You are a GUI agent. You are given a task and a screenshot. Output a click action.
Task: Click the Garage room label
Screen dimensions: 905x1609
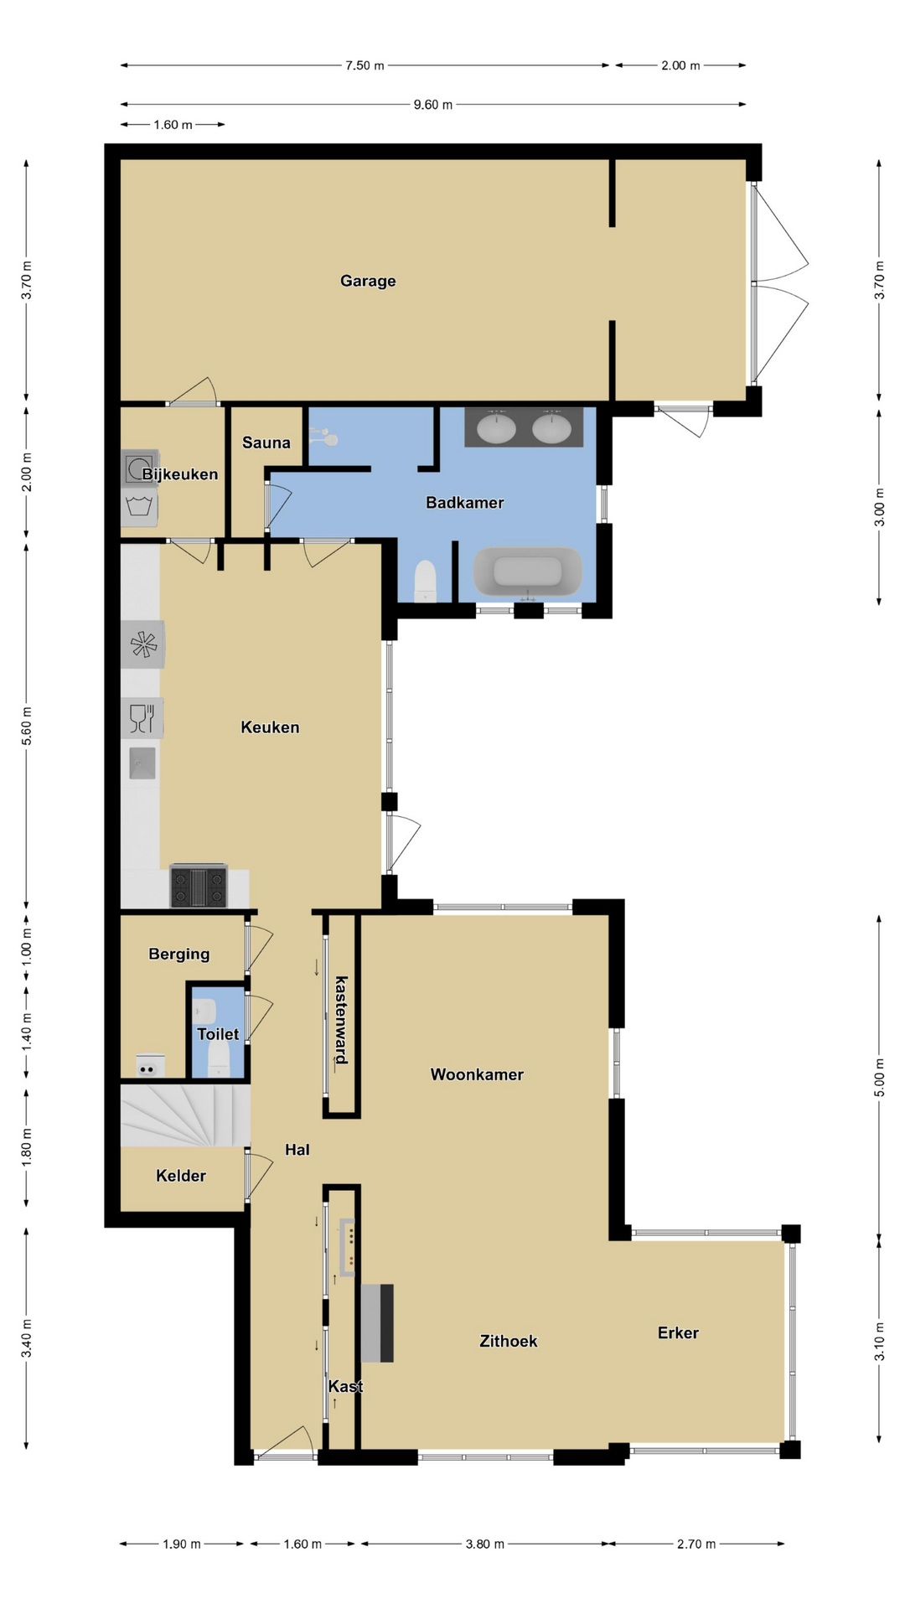pos(368,281)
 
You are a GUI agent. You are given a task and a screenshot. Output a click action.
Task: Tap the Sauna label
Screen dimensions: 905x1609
pos(266,442)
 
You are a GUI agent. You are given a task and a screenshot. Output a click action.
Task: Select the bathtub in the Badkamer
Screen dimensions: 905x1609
pos(528,572)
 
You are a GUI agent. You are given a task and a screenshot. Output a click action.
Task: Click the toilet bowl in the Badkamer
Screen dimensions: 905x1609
pos(426,581)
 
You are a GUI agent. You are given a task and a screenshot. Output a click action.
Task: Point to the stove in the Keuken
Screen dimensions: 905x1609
pos(199,886)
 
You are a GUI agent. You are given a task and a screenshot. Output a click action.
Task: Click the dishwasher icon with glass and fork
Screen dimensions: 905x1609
pos(142,718)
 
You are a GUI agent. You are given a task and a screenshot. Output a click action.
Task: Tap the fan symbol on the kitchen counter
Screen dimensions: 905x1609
pos(142,644)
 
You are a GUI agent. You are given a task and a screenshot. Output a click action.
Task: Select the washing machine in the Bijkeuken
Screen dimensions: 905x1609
pos(139,468)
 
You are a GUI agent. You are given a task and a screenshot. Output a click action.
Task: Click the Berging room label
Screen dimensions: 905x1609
pos(179,954)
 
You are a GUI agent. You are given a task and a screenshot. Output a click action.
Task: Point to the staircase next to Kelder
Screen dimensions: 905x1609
pos(185,1115)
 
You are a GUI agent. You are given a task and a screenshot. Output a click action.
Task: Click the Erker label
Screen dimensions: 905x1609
pos(678,1332)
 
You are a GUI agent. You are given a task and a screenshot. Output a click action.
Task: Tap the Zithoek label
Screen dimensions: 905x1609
pos(509,1341)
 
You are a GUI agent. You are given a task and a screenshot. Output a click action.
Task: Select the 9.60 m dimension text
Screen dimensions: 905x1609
pos(433,105)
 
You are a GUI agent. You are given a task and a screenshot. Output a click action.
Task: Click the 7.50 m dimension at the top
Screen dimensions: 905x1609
pos(365,65)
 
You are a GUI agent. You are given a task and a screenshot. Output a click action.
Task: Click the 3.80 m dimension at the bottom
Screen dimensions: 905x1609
pos(485,1544)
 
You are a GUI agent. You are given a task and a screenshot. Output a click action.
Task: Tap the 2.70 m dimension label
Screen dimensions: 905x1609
pos(696,1544)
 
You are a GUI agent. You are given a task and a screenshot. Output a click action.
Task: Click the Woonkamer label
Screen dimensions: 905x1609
pos(477,1074)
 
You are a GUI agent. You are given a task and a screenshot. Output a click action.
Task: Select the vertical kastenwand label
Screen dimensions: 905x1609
pos(341,1019)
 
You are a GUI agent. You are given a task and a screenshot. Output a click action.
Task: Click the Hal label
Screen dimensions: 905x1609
pos(297,1150)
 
